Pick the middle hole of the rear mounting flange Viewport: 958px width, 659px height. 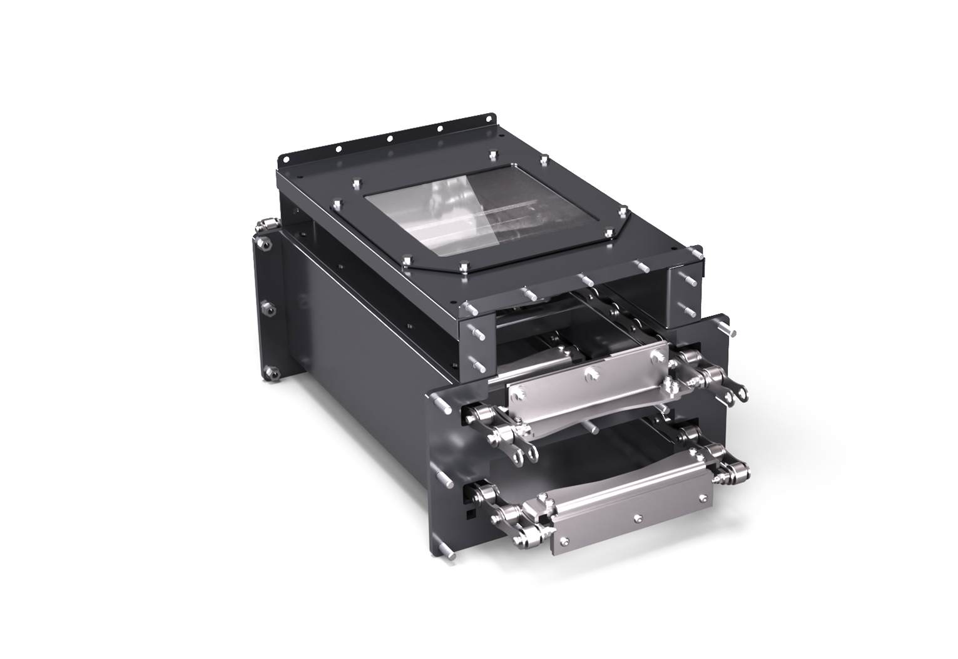point(389,138)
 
